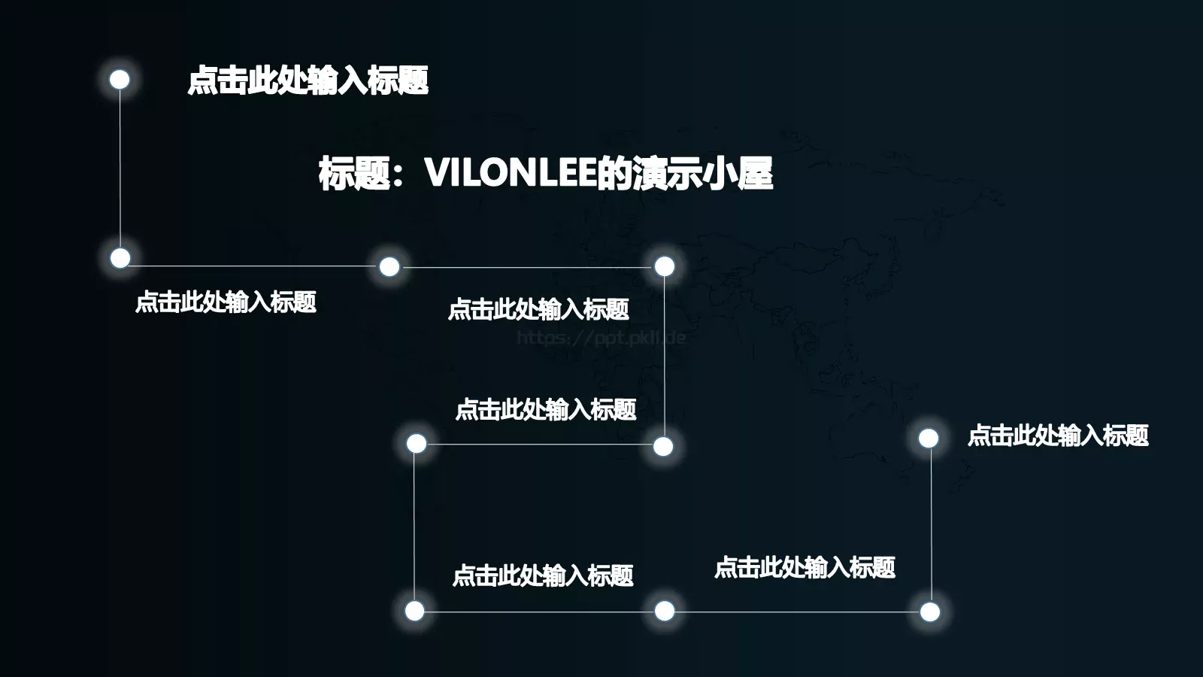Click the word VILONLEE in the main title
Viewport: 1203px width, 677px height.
pos(511,173)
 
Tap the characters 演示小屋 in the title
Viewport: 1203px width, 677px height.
pos(702,173)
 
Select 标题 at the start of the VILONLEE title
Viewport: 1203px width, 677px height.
pos(354,173)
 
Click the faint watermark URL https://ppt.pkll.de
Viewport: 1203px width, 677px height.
pos(601,338)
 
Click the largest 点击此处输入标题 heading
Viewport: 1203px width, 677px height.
pos(308,80)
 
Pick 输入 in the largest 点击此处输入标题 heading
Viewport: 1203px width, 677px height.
pos(338,80)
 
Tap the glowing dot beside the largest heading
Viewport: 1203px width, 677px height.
pos(120,80)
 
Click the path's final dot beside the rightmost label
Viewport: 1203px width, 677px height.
pos(929,439)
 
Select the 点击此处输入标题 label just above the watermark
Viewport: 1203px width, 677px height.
pos(538,309)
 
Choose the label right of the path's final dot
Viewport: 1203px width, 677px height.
pos(1058,436)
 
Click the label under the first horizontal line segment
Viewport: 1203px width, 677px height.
pos(226,302)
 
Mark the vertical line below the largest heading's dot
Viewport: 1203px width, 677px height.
pos(120,168)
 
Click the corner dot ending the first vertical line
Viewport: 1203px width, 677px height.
pos(120,258)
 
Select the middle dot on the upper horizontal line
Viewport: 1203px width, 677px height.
pos(389,266)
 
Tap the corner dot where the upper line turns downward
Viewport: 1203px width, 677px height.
pos(665,266)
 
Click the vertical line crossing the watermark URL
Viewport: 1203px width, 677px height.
pos(665,357)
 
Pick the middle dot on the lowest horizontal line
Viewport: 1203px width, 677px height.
pos(665,611)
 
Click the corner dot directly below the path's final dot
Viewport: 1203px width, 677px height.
pos(930,612)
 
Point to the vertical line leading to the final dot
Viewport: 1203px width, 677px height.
pos(931,525)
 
